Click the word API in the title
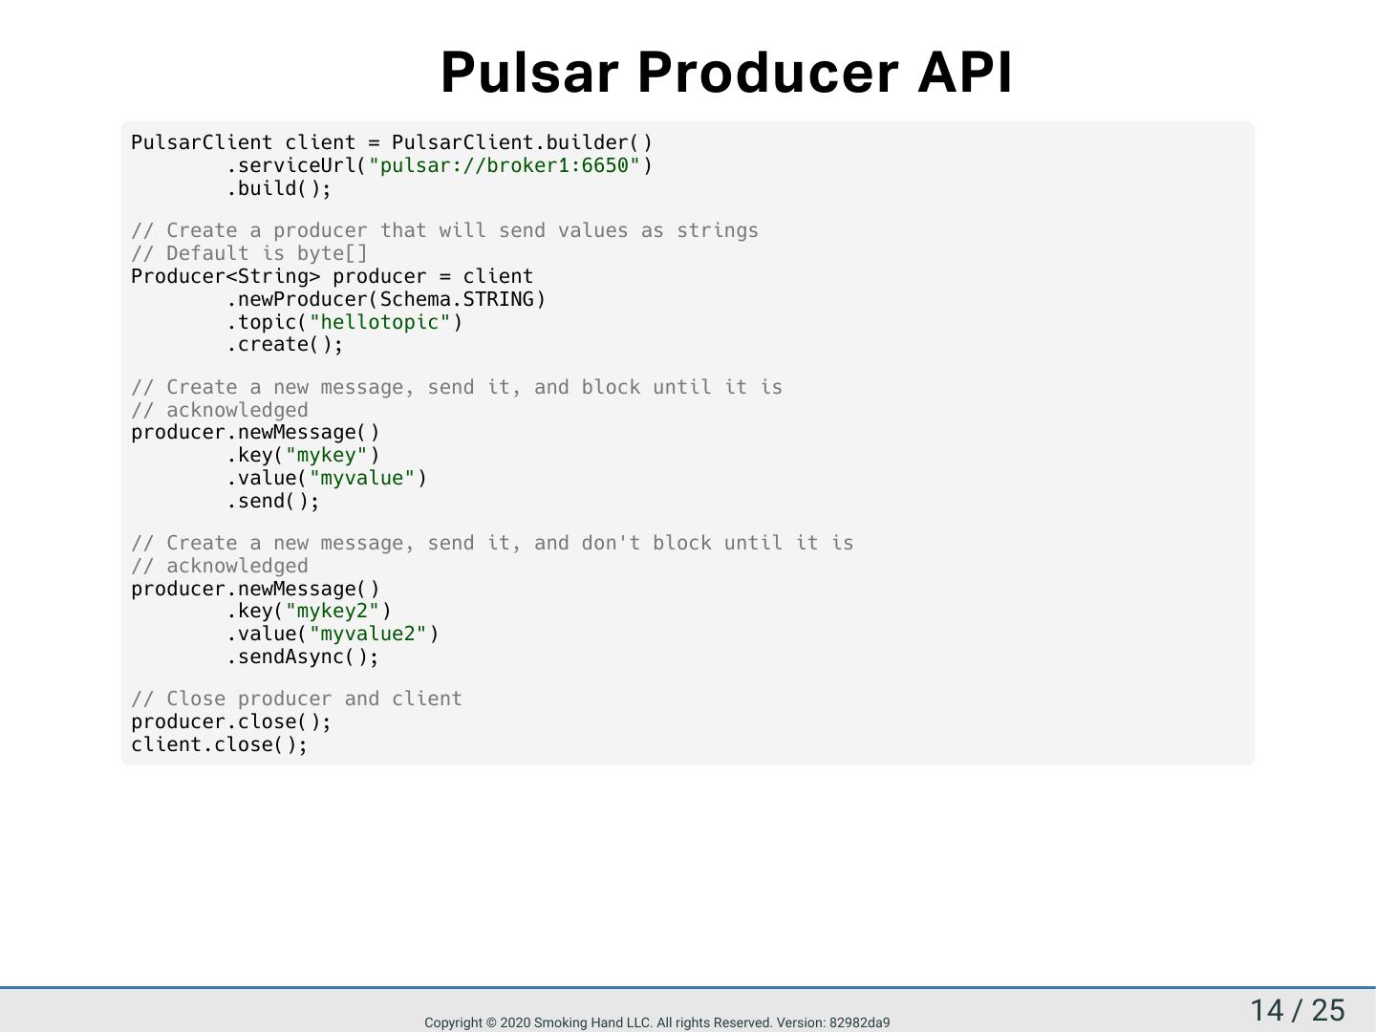pyautogui.click(x=964, y=73)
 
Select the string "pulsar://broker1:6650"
pyautogui.click(x=505, y=165)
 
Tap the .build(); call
pyautogui.click(x=279, y=188)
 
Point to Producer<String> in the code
pyautogui.click(x=226, y=276)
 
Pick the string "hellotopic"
pyautogui.click(x=379, y=322)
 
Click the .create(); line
pyautogui.click(x=285, y=344)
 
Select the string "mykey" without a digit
pyautogui.click(x=326, y=455)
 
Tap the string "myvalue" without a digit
pyautogui.click(x=362, y=478)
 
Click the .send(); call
pyautogui.click(x=273, y=501)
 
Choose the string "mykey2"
pyautogui.click(x=332, y=611)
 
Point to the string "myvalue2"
pyautogui.click(x=368, y=634)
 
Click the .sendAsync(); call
pyautogui.click(x=303, y=656)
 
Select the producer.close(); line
pyautogui.click(x=231, y=721)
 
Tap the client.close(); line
pyautogui.click(x=220, y=744)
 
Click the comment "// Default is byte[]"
pyautogui.click(x=249, y=253)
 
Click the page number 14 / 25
pyautogui.click(x=1297, y=1010)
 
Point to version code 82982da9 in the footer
pyautogui.click(x=859, y=1022)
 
